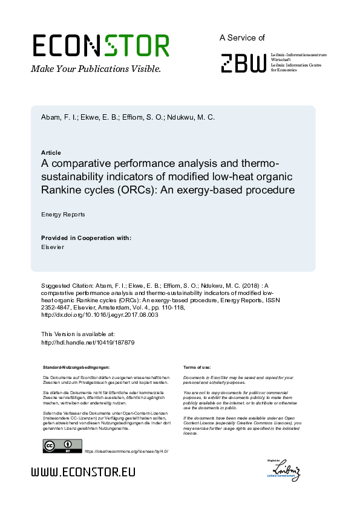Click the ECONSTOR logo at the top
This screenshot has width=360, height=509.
[x=100, y=46]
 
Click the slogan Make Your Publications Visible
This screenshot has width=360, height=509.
[x=96, y=69]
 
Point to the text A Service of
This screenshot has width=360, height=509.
[x=242, y=37]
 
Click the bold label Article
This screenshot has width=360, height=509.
[x=51, y=152]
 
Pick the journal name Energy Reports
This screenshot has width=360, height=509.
[x=63, y=214]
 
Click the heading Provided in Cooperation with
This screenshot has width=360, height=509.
[x=86, y=238]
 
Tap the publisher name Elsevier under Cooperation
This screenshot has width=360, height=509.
[x=53, y=247]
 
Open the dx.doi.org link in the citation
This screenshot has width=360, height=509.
[x=99, y=315]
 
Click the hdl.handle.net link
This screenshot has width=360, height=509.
[x=87, y=342]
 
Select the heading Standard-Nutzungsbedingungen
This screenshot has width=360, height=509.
[x=76, y=367]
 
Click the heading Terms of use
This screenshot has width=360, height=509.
[x=197, y=367]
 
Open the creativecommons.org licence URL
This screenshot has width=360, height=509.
[x=126, y=452]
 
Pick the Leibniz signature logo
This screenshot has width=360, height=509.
[x=286, y=470]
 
